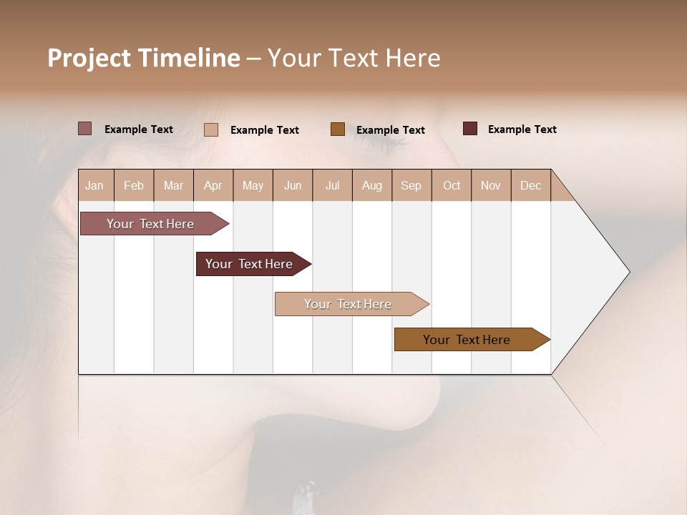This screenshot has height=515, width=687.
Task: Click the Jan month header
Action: [95, 185]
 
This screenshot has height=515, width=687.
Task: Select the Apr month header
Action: [213, 185]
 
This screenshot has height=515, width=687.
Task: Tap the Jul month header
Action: [332, 185]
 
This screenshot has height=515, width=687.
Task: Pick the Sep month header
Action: [411, 185]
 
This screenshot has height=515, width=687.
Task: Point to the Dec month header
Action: [530, 185]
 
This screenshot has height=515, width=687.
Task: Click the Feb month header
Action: [134, 185]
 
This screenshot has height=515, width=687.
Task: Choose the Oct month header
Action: [452, 185]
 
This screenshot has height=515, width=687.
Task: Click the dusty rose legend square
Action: [85, 129]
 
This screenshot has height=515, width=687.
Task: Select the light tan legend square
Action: [211, 129]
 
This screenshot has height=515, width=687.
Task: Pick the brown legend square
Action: [338, 129]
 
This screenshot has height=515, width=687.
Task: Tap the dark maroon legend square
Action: [470, 129]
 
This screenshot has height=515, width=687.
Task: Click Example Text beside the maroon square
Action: [522, 129]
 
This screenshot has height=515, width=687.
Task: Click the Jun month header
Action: [293, 185]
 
